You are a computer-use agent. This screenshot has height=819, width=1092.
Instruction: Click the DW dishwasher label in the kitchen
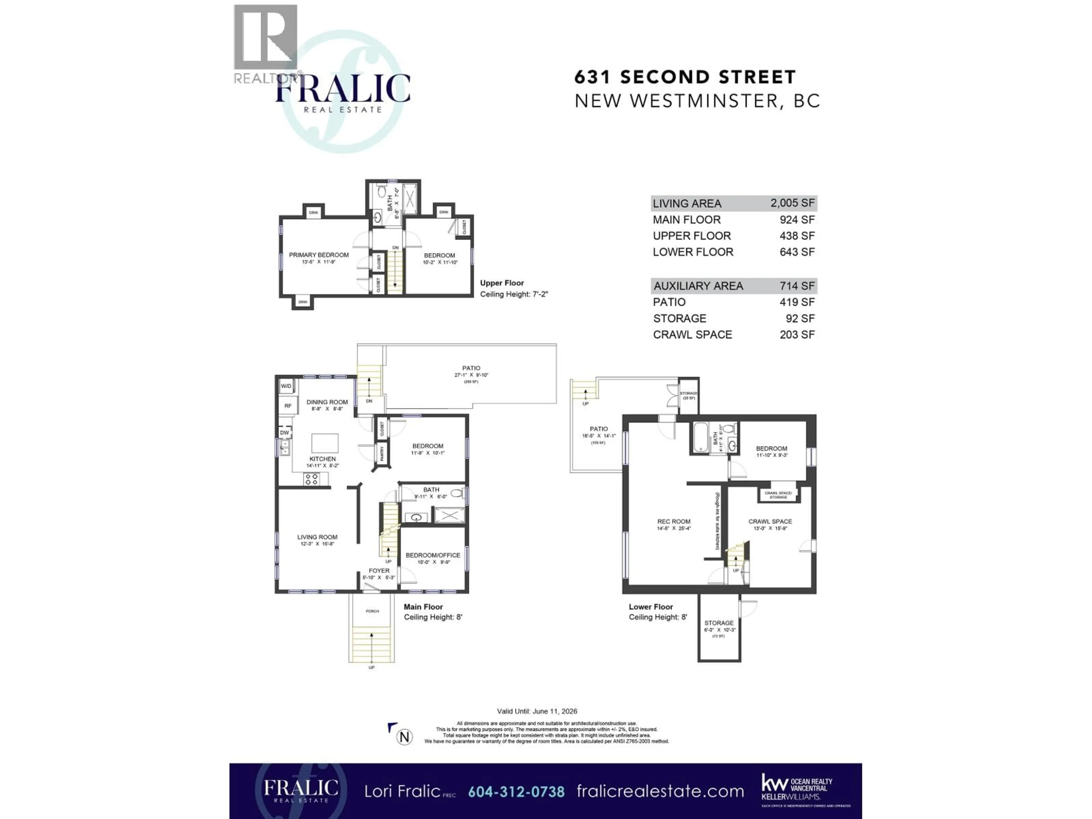284,433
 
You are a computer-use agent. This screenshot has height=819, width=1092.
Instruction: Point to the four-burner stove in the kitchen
311,478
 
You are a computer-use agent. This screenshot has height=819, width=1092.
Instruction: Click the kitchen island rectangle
325,443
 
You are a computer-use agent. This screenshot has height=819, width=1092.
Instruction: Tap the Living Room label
317,537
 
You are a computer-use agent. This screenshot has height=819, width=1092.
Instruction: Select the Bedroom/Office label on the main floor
433,555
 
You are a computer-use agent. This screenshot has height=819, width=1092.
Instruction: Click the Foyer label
379,571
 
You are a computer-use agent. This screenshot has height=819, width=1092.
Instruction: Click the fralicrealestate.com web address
660,791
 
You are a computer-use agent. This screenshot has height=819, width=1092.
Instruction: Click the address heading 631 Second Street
685,77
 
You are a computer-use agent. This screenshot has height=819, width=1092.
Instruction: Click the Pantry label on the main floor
382,454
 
